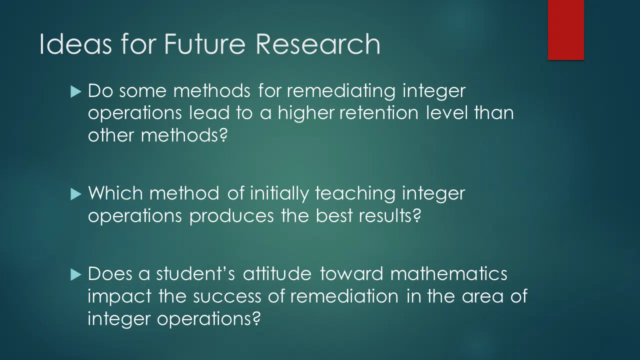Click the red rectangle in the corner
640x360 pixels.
tap(565, 30)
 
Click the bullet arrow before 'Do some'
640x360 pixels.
tap(75, 92)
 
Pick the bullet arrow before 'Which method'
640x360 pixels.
tap(75, 194)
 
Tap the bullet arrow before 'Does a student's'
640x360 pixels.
tap(75, 274)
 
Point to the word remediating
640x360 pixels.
tap(341, 91)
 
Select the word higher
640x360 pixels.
tap(306, 113)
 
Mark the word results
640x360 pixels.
tap(389, 215)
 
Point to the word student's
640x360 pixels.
tap(195, 273)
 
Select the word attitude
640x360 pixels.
tap(277, 273)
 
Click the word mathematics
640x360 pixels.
tap(448, 273)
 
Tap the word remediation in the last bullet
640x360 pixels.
tap(344, 295)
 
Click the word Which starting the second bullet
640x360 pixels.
tap(115, 193)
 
